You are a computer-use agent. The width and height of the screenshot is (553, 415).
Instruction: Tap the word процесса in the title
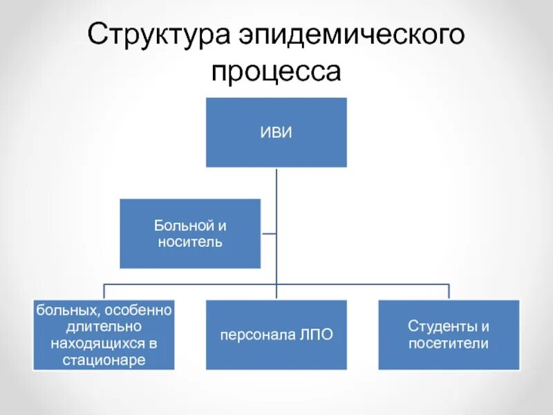276,71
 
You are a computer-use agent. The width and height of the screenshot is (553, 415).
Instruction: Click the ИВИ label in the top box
276,132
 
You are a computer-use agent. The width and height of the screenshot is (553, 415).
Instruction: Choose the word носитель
190,242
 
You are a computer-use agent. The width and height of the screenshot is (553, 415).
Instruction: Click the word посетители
449,343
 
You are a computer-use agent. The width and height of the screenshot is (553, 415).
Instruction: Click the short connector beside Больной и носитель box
269,233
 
